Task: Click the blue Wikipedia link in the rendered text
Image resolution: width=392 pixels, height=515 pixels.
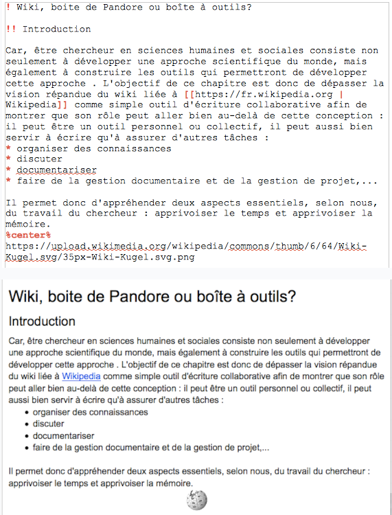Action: pyautogui.click(x=81, y=376)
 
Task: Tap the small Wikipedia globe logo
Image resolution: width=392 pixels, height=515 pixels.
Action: pyautogui.click(x=196, y=501)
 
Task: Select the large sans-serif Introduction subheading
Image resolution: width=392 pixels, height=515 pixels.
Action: pyautogui.click(x=42, y=321)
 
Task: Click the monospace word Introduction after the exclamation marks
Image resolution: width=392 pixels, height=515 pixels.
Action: pyautogui.click(x=56, y=30)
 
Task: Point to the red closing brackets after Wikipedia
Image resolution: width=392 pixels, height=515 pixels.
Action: pyautogui.click(x=62, y=105)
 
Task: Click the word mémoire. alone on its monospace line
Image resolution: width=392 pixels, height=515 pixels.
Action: pyautogui.click(x=28, y=224)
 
